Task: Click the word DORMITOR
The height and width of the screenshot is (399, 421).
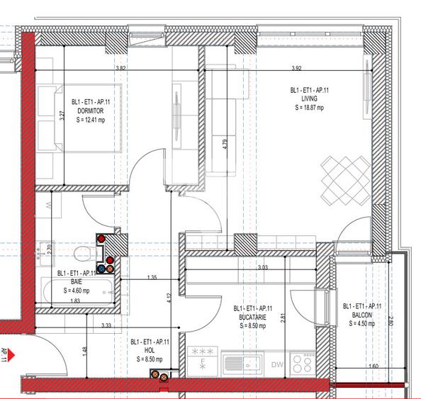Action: [91, 111]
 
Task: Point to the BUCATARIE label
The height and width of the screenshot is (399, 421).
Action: [253, 317]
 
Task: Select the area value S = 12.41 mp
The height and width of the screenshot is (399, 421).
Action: [91, 121]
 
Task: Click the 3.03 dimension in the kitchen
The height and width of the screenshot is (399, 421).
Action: [263, 267]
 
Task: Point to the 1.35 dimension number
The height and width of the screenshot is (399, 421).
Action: [152, 278]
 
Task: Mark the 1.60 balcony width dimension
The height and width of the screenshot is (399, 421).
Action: [374, 366]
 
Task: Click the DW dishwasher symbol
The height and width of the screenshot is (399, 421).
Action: [278, 365]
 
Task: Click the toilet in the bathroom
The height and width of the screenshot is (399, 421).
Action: [83, 252]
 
